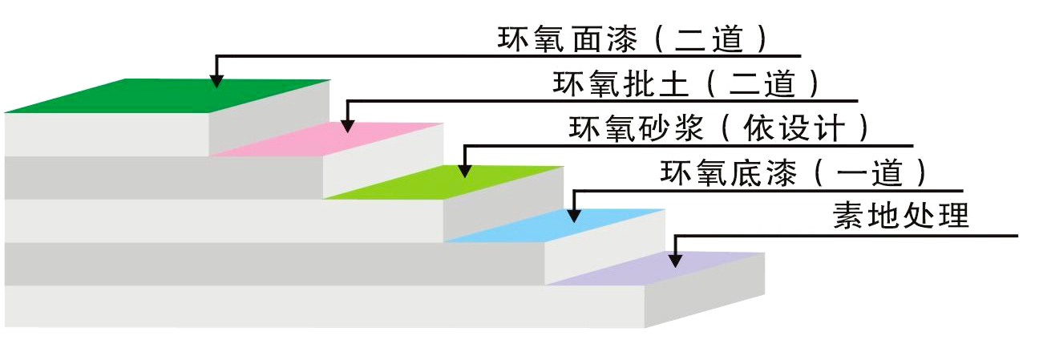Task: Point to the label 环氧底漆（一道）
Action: pyautogui.click(x=794, y=172)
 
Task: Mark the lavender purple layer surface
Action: pyautogui.click(x=665, y=269)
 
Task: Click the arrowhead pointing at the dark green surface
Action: pyautogui.click(x=216, y=79)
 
